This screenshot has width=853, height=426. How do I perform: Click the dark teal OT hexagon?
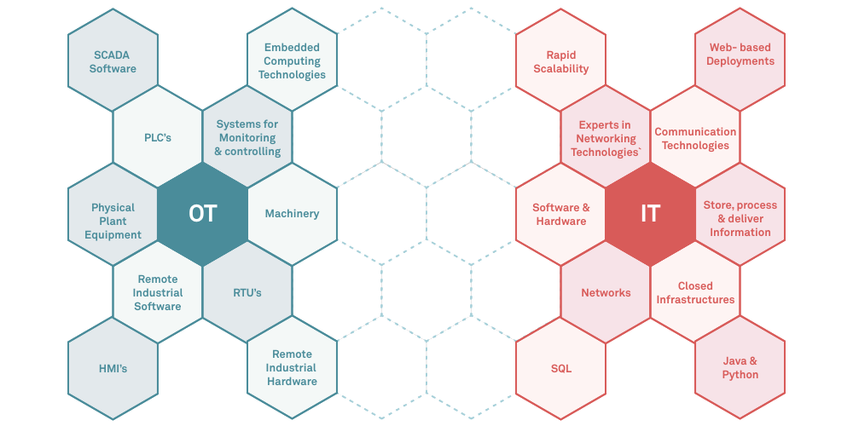[202, 213]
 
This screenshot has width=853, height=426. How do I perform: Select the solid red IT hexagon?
[650, 213]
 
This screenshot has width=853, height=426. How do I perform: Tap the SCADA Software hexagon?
[113, 61]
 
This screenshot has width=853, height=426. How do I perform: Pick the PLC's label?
[158, 137]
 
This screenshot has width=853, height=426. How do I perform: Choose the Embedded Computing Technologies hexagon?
[293, 61]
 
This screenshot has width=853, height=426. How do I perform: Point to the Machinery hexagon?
[292, 213]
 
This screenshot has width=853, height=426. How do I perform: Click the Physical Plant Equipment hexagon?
[113, 221]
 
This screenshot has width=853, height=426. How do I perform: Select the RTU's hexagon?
[247, 292]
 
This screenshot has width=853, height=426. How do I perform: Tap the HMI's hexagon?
[113, 368]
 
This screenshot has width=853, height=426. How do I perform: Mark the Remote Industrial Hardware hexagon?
[293, 367]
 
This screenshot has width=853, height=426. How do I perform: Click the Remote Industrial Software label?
[158, 292]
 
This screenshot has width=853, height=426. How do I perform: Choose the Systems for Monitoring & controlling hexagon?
[247, 137]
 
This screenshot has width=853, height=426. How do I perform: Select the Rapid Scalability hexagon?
[560, 61]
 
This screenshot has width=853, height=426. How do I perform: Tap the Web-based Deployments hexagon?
[740, 55]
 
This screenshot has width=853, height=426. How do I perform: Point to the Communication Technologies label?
[695, 138]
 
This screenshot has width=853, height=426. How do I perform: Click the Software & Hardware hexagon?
[560, 214]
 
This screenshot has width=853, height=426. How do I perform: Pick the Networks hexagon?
[606, 292]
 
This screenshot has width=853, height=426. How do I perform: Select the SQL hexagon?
[560, 368]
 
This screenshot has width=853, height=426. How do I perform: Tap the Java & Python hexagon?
[740, 367]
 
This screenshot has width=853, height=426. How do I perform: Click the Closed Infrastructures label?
[695, 292]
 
